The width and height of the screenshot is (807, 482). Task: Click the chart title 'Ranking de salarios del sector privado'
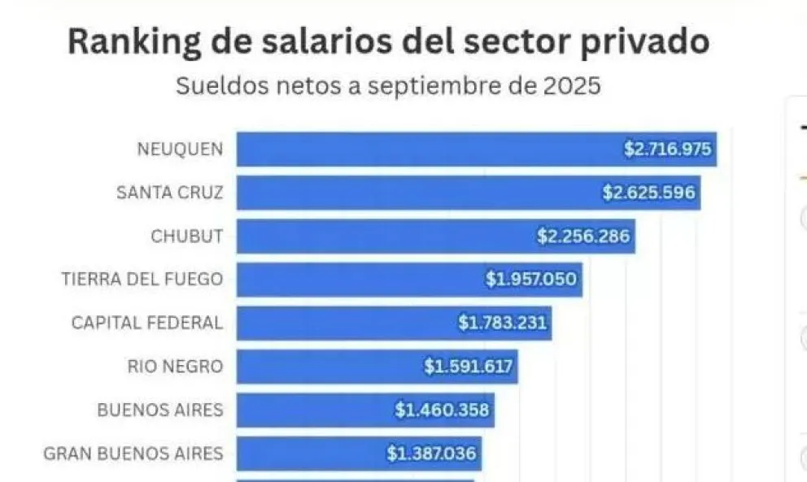388,41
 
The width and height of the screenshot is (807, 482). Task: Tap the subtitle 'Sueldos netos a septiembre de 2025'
388,85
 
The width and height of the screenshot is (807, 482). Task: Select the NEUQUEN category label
180,150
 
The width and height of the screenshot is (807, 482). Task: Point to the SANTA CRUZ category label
169,193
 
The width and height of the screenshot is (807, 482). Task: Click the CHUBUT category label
186,237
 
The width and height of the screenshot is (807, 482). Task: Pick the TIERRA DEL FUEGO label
142,280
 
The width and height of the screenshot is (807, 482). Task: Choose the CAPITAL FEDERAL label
146,323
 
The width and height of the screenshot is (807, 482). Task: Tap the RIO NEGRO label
174,367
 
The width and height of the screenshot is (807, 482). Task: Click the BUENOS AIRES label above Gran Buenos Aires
159,410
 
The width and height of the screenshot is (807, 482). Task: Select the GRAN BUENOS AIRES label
133,453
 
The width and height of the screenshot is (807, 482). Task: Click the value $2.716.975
668,150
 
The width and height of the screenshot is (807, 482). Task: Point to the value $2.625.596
648,193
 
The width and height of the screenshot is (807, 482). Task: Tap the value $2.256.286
583,237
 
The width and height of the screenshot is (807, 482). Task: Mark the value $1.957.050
531,280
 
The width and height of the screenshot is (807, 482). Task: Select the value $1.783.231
503,323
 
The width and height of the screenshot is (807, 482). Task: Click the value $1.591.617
469,367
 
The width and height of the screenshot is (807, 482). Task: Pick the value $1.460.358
443,410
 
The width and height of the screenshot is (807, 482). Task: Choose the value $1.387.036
431,453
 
